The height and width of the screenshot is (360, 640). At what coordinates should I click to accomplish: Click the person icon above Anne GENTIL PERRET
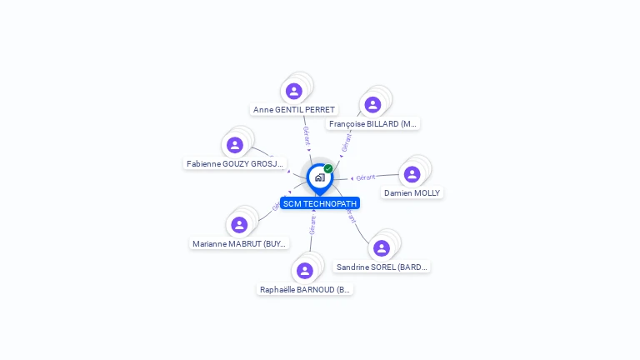point(293,91)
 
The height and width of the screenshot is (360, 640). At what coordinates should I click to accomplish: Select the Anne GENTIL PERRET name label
point(294,109)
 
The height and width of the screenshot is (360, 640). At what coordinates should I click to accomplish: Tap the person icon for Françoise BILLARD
point(372,104)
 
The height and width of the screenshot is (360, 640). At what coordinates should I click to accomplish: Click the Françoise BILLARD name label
point(372,123)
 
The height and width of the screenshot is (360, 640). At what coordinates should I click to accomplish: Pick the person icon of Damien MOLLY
point(412,174)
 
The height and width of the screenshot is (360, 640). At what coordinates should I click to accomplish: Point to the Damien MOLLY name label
point(412,192)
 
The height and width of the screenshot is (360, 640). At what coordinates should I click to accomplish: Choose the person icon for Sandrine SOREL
point(382,248)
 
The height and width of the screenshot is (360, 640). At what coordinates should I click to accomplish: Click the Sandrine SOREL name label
point(382,267)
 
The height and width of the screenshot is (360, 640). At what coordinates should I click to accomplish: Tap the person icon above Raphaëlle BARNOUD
point(305,271)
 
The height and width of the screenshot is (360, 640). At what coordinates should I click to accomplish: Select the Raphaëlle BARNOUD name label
point(306,290)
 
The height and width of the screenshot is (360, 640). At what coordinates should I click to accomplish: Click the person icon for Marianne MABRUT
point(239,225)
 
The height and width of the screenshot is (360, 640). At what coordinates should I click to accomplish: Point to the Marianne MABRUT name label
point(240,244)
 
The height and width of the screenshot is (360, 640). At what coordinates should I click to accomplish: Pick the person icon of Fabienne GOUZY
point(235,145)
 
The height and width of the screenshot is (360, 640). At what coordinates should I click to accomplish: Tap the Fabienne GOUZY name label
point(235,164)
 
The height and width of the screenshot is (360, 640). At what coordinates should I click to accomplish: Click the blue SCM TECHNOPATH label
point(320,203)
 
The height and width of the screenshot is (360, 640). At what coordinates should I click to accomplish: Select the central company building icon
point(319,177)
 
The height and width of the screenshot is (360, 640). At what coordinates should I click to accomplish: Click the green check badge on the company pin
point(328,169)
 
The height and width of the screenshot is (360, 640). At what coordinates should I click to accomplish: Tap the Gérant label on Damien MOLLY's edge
point(365,177)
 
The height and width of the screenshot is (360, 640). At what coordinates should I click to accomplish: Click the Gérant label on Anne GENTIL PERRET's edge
point(306,136)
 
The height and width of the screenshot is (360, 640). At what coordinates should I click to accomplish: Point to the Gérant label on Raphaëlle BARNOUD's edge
point(312,225)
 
